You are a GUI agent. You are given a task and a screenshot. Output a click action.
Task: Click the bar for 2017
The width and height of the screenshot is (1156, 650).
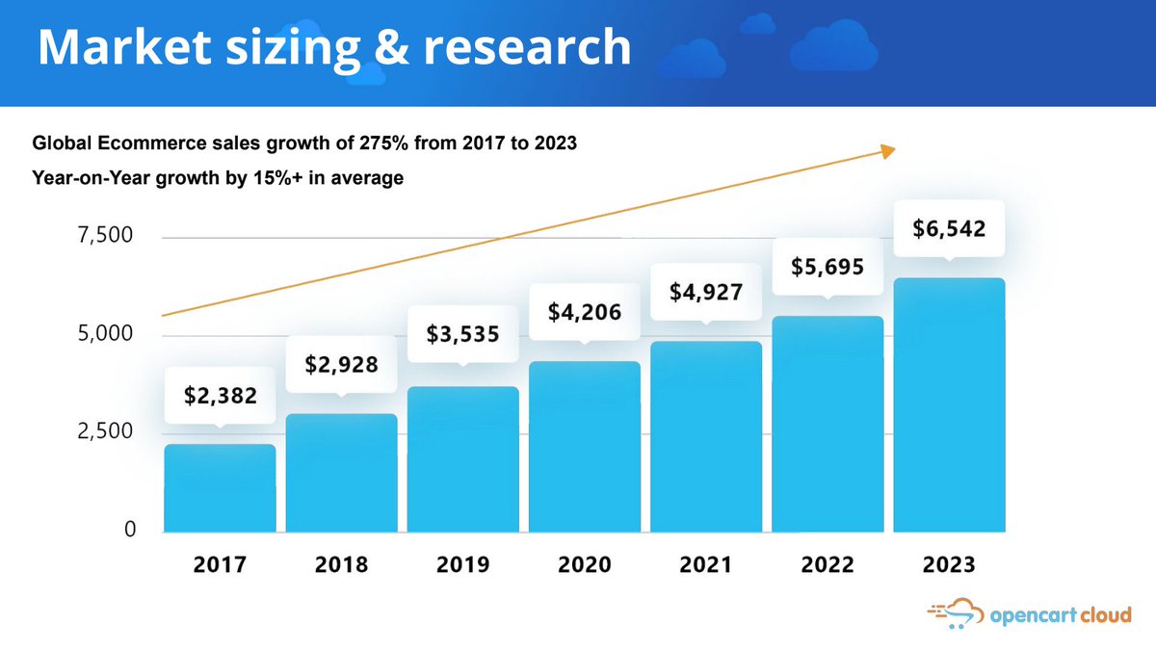point(220,488)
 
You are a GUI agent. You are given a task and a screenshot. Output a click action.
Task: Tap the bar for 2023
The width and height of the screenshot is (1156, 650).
point(949,404)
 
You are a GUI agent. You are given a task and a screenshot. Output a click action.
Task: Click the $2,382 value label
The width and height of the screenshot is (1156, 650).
point(220,394)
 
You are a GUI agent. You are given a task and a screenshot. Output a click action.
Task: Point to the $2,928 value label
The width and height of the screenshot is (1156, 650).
point(341,364)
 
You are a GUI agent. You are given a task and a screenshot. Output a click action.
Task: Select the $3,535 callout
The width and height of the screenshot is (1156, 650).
point(463,334)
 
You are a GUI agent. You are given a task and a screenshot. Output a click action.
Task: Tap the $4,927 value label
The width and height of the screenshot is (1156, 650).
point(706,291)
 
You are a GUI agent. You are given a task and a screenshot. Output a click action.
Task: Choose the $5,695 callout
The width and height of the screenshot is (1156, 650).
point(828,266)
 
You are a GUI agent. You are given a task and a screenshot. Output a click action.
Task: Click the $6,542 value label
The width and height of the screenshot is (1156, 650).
point(949,229)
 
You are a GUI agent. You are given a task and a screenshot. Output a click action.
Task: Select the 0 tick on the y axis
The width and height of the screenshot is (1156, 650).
point(128,530)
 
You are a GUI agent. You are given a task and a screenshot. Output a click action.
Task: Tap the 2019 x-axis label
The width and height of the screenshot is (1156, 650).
point(463,564)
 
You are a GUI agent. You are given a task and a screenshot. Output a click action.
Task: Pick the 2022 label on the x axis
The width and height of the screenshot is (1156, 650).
point(828,564)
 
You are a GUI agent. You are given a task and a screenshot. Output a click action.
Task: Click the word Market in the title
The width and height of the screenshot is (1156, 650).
point(114,47)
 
